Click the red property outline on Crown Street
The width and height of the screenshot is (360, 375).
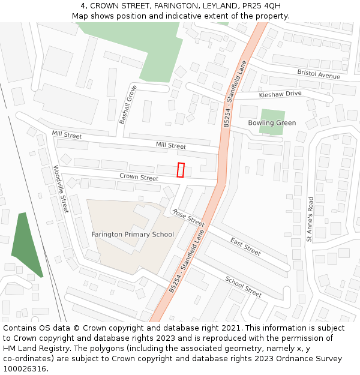point(181,170)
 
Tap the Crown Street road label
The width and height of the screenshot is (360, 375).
point(139,178)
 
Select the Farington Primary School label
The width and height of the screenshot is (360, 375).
point(133,235)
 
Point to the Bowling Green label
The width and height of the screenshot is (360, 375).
point(272,123)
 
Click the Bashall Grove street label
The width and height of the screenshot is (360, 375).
point(128,105)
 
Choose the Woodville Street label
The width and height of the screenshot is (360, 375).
point(61,190)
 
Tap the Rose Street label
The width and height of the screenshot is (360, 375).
point(188,217)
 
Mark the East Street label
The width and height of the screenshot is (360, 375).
point(245,247)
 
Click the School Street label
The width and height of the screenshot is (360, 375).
point(243,287)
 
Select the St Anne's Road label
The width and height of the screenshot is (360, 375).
point(310,220)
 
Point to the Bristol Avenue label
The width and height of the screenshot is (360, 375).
point(319,74)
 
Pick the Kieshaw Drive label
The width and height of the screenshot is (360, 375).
point(280,94)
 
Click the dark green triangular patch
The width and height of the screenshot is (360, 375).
point(25,245)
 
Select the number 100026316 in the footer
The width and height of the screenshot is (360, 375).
point(25,369)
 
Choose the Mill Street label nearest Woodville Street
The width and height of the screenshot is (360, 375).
point(67,135)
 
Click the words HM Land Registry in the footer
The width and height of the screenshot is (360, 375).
point(32,349)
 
